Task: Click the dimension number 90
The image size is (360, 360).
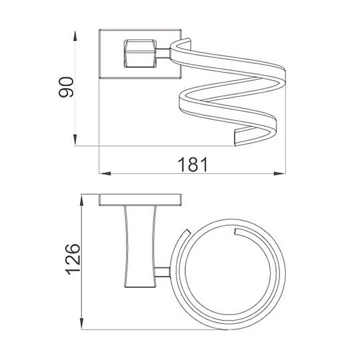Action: click(x=67, y=87)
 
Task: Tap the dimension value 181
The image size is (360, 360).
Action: click(x=193, y=165)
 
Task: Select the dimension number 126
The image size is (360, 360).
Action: click(x=73, y=259)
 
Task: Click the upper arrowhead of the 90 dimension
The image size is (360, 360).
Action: click(x=75, y=36)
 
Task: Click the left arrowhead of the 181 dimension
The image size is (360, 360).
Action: click(x=105, y=173)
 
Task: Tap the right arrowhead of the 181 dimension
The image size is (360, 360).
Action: click(x=279, y=173)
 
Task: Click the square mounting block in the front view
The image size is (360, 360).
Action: click(x=140, y=54)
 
